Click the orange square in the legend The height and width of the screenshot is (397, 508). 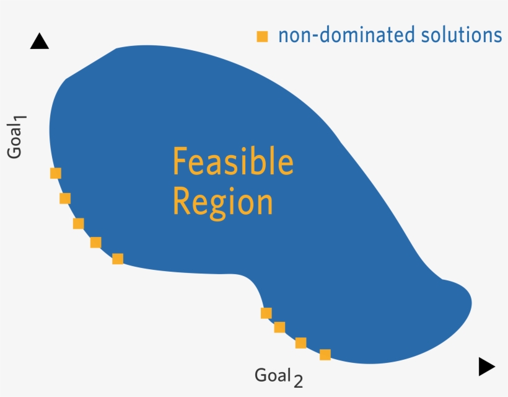coord(263,37)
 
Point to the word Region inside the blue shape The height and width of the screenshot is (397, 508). coord(222,202)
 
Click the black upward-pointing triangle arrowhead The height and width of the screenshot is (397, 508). coord(39,42)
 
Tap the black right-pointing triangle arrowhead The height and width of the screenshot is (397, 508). coord(486,367)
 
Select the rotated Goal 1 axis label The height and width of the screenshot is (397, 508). coord(15,137)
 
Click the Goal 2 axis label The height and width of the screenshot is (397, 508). coord(279,376)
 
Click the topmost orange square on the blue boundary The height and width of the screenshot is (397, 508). coord(56,173)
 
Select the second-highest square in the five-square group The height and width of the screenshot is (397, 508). coord(65,198)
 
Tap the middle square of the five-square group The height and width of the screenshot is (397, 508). coord(78,223)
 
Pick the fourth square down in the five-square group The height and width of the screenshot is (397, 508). coord(95,243)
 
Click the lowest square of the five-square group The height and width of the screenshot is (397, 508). coord(118,259)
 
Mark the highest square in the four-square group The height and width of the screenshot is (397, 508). coord(266,313)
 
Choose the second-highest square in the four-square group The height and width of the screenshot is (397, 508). coord(279,327)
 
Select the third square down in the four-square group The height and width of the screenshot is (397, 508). coord(300,343)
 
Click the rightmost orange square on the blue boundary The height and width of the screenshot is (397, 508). coord(325,355)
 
